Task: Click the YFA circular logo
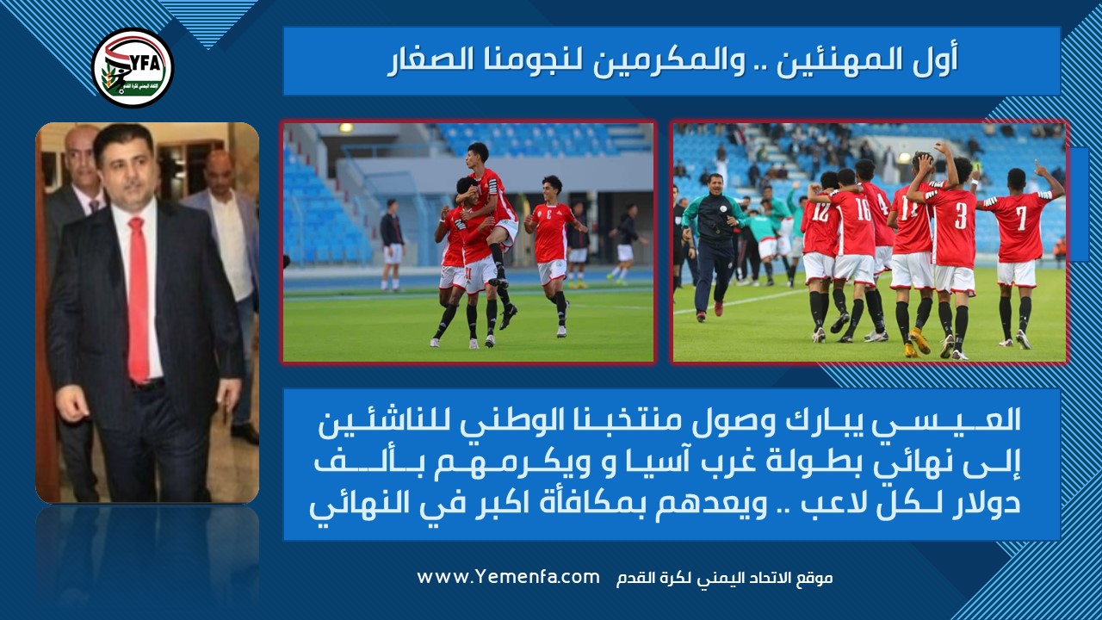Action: (133, 68)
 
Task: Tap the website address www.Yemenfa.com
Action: (508, 577)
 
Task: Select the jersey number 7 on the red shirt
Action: (1021, 218)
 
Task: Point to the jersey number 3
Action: (961, 216)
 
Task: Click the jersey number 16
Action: (864, 208)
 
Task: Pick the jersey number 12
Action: (820, 213)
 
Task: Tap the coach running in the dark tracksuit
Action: (713, 247)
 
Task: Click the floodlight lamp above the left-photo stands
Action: (346, 127)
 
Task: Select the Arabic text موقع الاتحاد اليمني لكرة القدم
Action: (724, 578)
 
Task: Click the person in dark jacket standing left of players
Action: (393, 245)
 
